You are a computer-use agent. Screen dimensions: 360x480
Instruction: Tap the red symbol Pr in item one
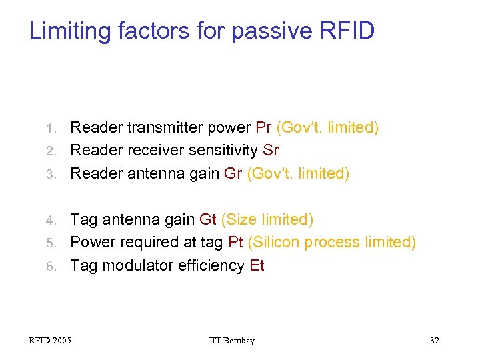pyautogui.click(x=263, y=127)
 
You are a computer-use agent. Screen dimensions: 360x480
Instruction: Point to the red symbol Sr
pyautogui.click(x=271, y=150)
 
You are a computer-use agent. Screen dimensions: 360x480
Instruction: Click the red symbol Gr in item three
pyautogui.click(x=233, y=173)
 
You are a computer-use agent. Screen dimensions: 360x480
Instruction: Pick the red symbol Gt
pyautogui.click(x=207, y=219)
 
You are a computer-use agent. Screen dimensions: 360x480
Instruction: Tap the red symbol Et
pyautogui.click(x=257, y=265)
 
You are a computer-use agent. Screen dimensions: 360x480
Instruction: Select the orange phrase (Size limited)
pyautogui.click(x=267, y=219)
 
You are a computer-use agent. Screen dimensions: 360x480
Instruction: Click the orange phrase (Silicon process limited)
pyautogui.click(x=331, y=242)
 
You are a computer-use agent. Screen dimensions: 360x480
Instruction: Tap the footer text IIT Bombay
pyautogui.click(x=231, y=341)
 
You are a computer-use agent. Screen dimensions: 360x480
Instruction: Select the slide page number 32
pyautogui.click(x=434, y=341)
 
